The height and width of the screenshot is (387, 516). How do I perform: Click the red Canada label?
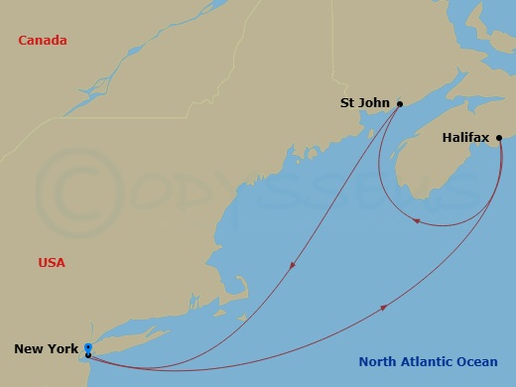(x=43, y=41)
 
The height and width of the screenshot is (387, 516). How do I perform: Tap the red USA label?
(x=52, y=263)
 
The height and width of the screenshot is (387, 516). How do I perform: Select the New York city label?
(x=46, y=348)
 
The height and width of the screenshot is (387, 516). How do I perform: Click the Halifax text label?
(x=466, y=138)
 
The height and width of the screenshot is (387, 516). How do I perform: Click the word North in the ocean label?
(x=379, y=362)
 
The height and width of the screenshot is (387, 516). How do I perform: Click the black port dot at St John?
(x=399, y=103)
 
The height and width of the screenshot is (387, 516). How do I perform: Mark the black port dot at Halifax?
(x=499, y=138)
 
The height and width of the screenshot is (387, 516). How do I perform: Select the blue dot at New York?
(x=88, y=347)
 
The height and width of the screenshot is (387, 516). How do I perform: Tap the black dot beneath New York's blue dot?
(x=88, y=355)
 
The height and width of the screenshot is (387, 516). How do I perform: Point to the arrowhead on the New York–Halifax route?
(x=383, y=309)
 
